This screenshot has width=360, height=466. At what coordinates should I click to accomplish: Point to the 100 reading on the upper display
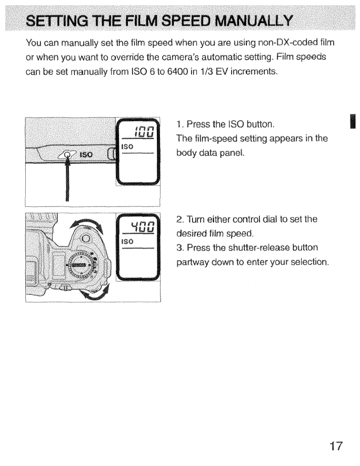(144, 131)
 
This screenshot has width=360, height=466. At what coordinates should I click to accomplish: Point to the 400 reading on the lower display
(144, 227)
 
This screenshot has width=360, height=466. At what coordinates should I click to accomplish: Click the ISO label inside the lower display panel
(127, 243)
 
